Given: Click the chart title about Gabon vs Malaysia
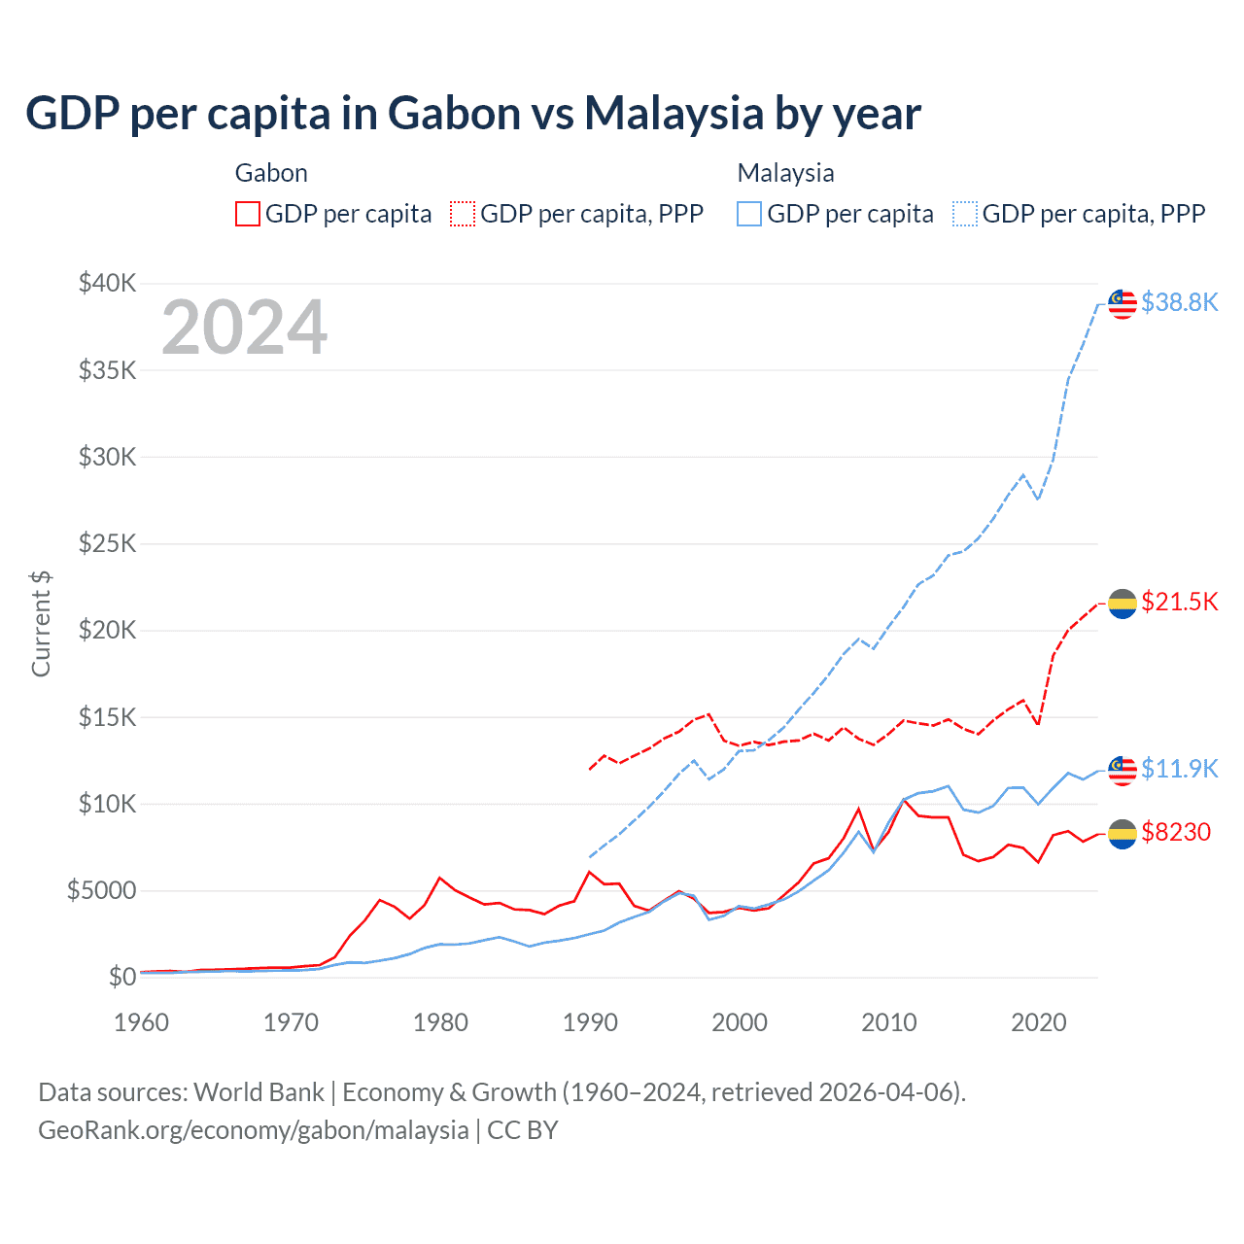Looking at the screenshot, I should pyautogui.click(x=472, y=114).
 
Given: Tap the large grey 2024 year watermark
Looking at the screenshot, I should pyautogui.click(x=244, y=328).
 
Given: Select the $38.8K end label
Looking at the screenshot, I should pyautogui.click(x=1179, y=302).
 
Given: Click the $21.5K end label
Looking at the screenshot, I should pyautogui.click(x=1179, y=602).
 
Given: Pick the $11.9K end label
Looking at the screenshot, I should pyautogui.click(x=1179, y=769).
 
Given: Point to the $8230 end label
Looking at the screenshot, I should pyautogui.click(x=1176, y=832).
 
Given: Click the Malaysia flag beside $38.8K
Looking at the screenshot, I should pyautogui.click(x=1123, y=303).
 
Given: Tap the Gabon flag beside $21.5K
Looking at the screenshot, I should pyautogui.click(x=1123, y=604).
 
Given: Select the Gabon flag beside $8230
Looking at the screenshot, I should pyautogui.click(x=1123, y=834).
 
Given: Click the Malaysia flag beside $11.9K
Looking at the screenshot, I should pyautogui.click(x=1123, y=770).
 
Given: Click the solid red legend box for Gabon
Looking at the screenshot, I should pyautogui.click(x=248, y=214).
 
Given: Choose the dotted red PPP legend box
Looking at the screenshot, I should pyautogui.click(x=464, y=214).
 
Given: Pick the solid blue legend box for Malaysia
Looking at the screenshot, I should pyautogui.click(x=749, y=214).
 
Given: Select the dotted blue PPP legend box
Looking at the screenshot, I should pyautogui.click(x=965, y=214).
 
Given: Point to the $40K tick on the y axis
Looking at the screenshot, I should pyautogui.click(x=108, y=284).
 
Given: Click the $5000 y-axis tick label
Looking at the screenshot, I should pyautogui.click(x=101, y=890).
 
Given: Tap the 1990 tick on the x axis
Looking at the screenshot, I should pyautogui.click(x=590, y=1022).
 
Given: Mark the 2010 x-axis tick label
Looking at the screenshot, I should pyautogui.click(x=889, y=1022).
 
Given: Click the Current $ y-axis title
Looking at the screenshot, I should pyautogui.click(x=41, y=623).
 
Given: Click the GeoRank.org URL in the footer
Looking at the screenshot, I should pyautogui.click(x=253, y=1130).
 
